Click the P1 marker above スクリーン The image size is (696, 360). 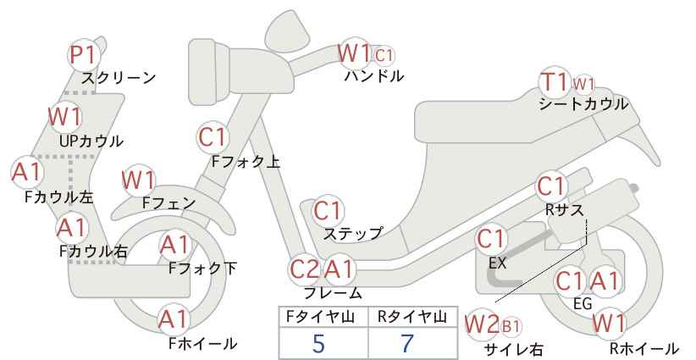click(x=84, y=55)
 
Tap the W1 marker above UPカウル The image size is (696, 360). click(x=65, y=117)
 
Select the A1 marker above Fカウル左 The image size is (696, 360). click(x=27, y=172)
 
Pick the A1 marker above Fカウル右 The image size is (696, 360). click(x=72, y=228)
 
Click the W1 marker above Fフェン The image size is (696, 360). click(x=139, y=180)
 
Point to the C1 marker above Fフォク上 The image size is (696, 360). click(x=213, y=137)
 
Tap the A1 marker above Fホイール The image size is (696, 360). click(x=174, y=319)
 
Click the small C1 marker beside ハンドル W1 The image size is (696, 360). click(x=384, y=56)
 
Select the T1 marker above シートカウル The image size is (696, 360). click(x=555, y=82)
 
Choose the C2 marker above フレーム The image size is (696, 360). click(x=305, y=269)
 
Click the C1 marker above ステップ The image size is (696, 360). click(x=328, y=211)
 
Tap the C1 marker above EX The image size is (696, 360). click(x=491, y=239)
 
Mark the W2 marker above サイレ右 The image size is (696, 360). click(x=482, y=325)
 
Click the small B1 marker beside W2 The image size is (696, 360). click(x=511, y=327)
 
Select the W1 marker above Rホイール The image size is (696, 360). click(x=609, y=324)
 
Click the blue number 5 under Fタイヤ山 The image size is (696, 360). click(x=318, y=344)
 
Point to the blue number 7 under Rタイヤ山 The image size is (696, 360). click(x=407, y=344)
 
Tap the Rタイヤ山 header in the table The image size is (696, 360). click(x=412, y=317)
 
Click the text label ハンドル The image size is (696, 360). click(x=374, y=76)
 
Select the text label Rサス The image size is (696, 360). click(x=564, y=209)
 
